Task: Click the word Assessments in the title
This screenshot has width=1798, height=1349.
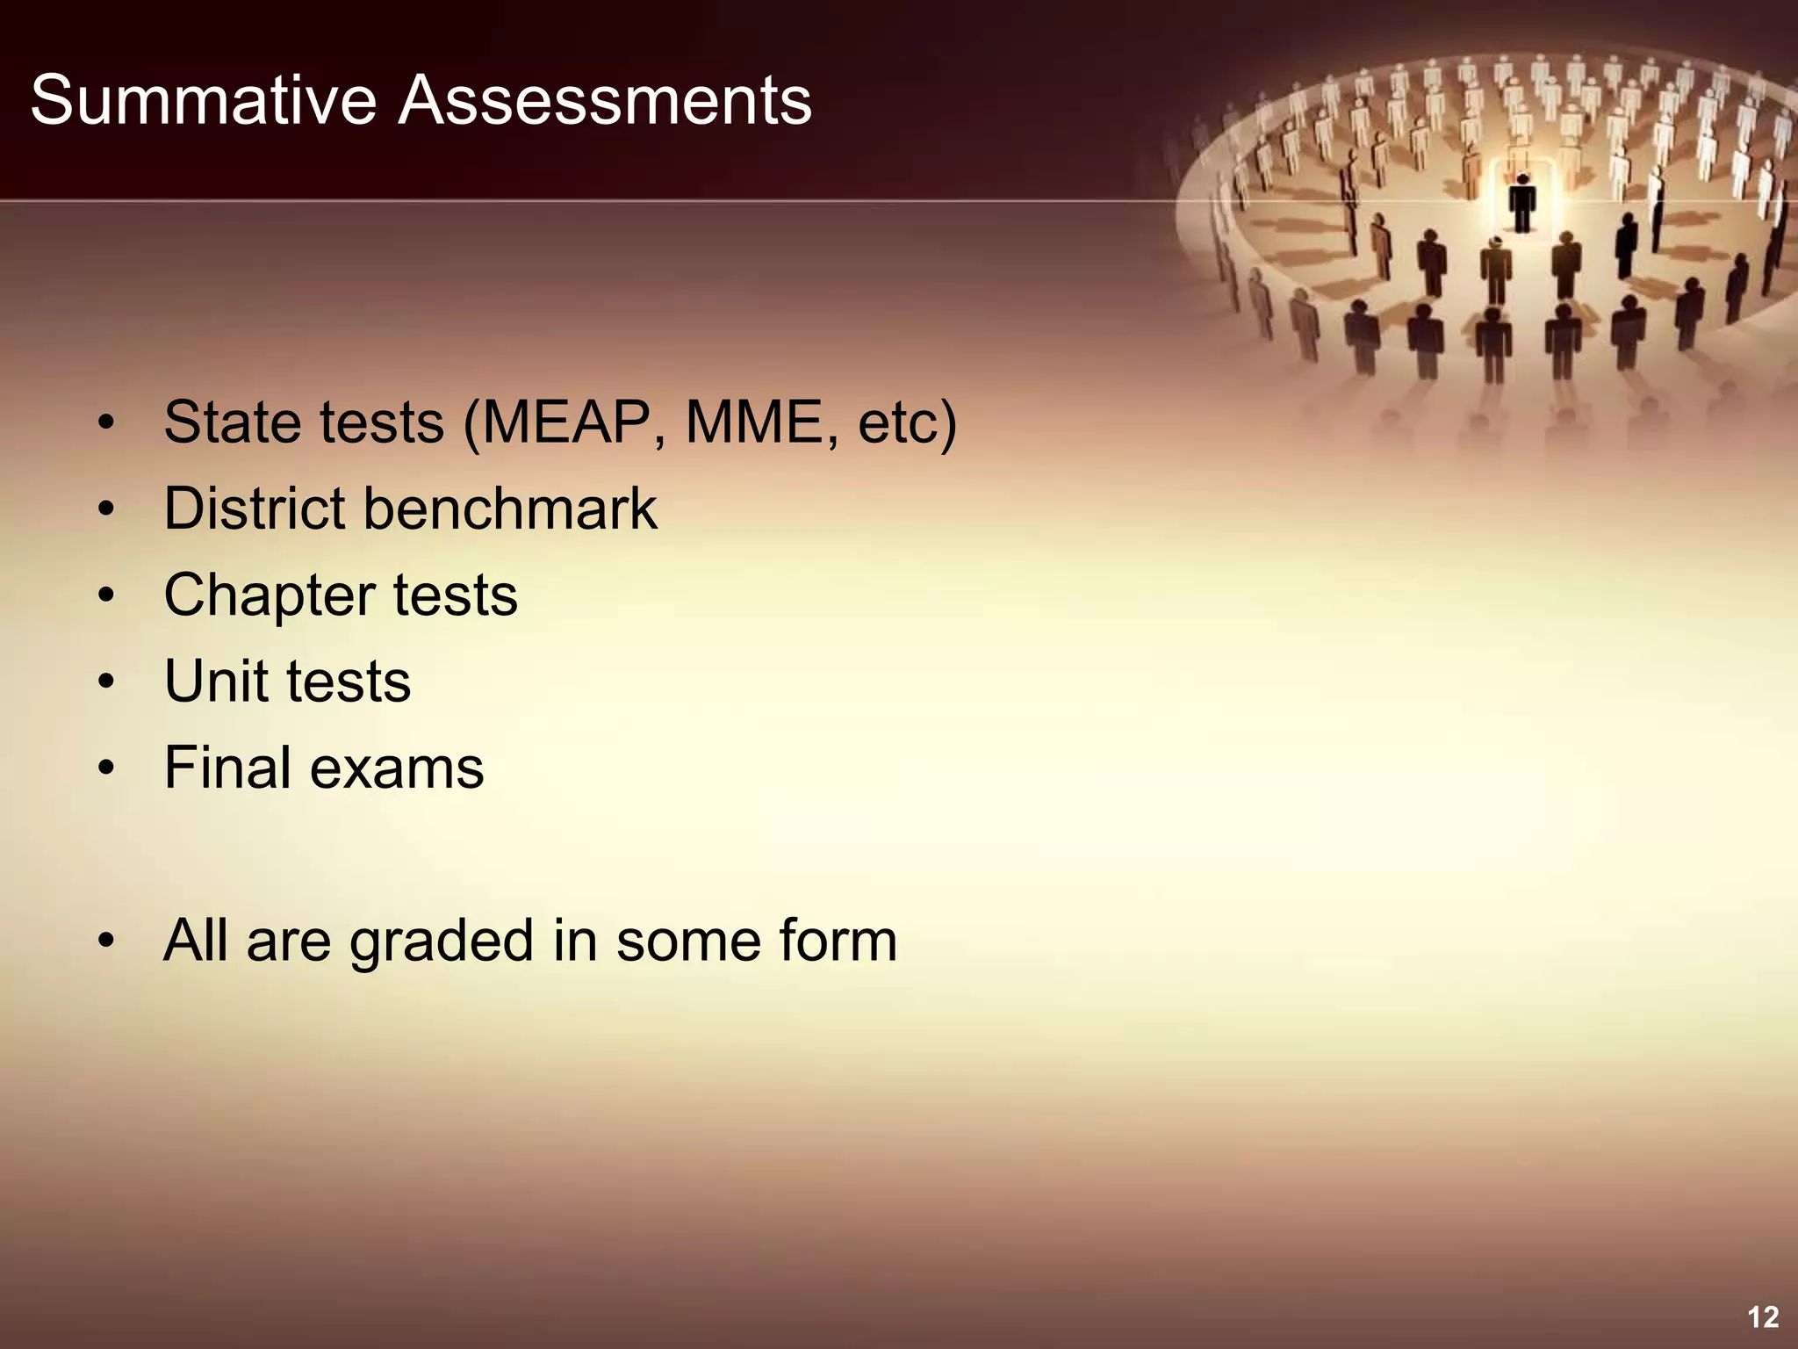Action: coord(605,101)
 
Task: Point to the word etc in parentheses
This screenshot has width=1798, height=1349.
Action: coord(897,423)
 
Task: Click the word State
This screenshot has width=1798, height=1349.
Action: coord(231,423)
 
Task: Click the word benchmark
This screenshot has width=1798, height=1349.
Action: coord(510,509)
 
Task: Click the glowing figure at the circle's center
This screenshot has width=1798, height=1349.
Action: coord(1521,202)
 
